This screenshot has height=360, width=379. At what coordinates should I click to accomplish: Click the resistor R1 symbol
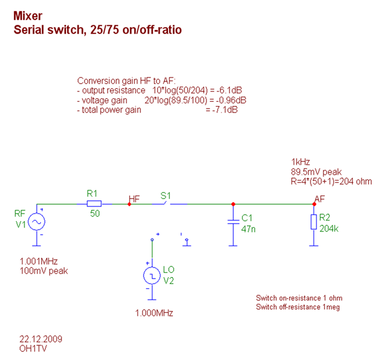[x=94, y=204]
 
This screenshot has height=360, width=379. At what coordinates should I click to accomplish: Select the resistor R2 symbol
[x=314, y=222]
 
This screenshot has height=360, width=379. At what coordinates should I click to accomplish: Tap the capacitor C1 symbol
[x=232, y=222]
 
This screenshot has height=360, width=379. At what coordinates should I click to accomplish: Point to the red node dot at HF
[x=129, y=204]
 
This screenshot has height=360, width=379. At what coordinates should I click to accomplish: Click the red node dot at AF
[x=314, y=204]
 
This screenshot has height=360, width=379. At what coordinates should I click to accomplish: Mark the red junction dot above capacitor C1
[x=232, y=204]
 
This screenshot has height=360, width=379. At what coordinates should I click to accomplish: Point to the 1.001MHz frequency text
[x=39, y=261]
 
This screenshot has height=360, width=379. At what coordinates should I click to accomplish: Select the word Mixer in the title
[x=27, y=16]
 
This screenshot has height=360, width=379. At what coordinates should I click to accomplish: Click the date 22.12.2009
[x=41, y=339]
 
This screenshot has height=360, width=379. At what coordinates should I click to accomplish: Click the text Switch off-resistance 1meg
[x=298, y=307]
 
